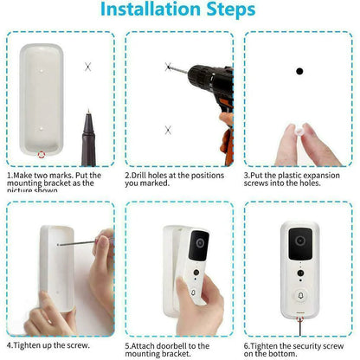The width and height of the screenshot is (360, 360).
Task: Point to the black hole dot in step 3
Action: pos(299,72)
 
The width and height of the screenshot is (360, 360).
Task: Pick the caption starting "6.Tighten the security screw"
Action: pos(299,350)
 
